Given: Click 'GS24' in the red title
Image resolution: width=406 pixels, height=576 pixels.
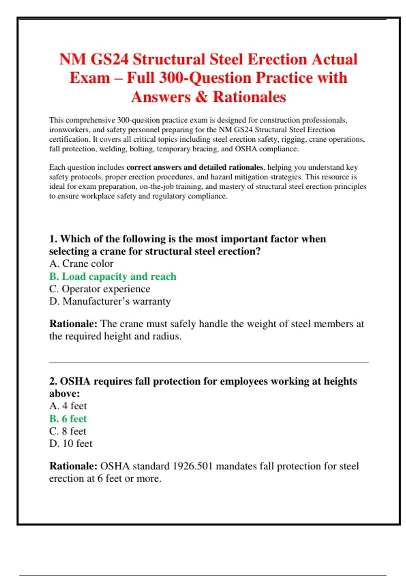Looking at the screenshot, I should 110,59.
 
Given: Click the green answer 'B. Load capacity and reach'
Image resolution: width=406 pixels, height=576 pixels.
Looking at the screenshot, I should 113,276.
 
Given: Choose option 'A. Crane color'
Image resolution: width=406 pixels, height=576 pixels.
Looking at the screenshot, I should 81,264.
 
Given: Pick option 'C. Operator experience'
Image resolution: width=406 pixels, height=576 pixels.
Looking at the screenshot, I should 99,289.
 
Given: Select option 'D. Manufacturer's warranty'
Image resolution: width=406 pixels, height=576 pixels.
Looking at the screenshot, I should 110,301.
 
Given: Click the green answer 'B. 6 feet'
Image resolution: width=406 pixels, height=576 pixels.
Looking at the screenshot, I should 68,419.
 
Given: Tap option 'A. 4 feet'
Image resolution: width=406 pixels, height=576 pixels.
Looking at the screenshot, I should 68,406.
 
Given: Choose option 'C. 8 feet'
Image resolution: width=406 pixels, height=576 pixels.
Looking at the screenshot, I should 68,431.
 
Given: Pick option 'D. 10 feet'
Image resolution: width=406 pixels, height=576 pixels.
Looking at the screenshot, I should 71,444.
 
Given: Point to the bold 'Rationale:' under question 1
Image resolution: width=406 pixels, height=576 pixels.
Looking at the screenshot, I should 73,324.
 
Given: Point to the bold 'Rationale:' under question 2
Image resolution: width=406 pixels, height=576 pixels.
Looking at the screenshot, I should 73,466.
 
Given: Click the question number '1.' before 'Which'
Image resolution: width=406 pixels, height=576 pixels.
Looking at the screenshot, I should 53,239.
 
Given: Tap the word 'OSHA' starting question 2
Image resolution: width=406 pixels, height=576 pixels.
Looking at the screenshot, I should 75,382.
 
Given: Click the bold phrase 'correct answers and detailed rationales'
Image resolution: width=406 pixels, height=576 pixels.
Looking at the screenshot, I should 195,167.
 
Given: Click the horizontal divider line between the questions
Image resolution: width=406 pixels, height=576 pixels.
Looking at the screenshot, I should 209,363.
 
